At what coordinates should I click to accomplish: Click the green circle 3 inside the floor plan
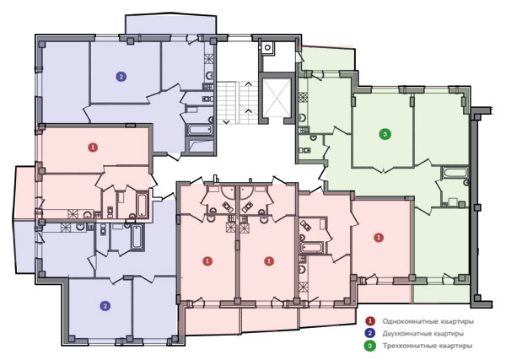click(385, 133)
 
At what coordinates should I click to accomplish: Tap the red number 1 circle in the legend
click(370, 321)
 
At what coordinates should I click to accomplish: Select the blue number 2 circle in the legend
click(370, 333)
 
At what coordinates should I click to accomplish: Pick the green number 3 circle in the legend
click(370, 346)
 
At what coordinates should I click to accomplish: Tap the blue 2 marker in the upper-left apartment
click(121, 77)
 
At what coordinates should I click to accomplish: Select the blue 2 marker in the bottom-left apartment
click(105, 306)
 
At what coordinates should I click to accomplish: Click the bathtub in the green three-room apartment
click(455, 172)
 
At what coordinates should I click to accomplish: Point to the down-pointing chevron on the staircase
click(226, 122)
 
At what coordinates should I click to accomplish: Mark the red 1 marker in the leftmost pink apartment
click(93, 148)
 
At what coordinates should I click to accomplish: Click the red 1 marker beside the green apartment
click(379, 238)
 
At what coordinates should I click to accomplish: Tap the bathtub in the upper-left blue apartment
click(200, 131)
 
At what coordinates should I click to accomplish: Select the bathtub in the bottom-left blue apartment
click(137, 238)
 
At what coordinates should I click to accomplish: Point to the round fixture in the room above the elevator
click(267, 48)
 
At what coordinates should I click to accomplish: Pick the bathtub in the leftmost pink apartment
click(142, 205)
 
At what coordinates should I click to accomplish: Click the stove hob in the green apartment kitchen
click(304, 97)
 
